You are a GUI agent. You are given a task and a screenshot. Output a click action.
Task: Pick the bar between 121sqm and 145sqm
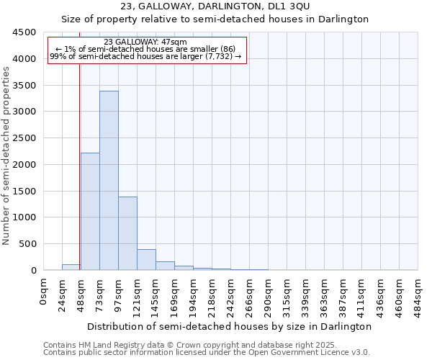coord(146,260)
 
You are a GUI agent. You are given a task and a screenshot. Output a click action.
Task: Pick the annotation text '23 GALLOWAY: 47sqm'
coord(145,42)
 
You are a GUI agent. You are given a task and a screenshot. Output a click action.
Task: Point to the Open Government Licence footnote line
coord(207,352)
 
